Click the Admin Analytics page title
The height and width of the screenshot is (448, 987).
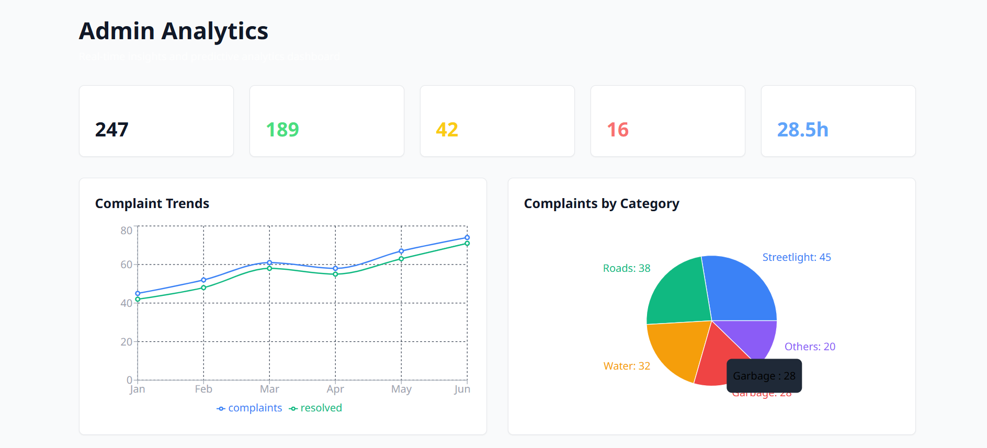tap(173, 31)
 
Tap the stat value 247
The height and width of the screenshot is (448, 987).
tap(111, 130)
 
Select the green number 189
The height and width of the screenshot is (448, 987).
tap(282, 130)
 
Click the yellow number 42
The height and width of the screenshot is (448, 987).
tap(447, 130)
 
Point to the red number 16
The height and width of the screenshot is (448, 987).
tap(617, 130)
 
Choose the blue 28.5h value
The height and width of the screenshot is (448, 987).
tap(802, 130)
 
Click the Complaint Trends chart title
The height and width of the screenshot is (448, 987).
tap(152, 203)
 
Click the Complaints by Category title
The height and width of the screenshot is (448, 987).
tap(601, 203)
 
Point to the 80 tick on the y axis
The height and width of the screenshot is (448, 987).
tap(126, 231)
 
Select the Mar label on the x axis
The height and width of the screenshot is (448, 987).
tap(269, 389)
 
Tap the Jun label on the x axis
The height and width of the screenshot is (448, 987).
tap(462, 389)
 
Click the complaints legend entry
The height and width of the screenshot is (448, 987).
tap(249, 408)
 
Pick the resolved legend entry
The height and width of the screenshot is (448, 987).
tap(315, 408)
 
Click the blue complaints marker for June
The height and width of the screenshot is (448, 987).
tap(467, 238)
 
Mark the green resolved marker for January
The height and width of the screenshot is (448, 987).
tap(138, 300)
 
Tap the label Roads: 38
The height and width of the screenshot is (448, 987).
tap(626, 268)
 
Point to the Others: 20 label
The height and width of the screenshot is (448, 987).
tap(809, 347)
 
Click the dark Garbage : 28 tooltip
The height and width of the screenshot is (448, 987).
tap(764, 376)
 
